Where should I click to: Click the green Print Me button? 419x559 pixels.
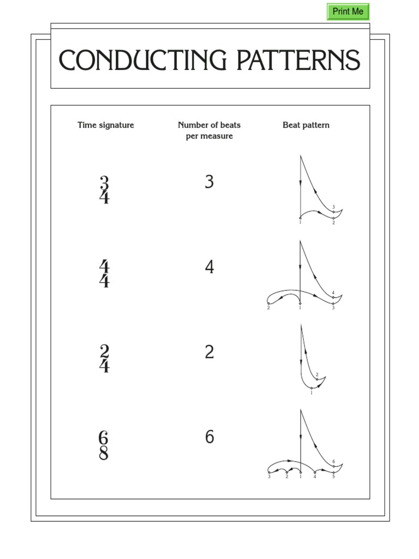coord(348,11)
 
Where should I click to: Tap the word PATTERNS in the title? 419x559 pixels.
coord(298,60)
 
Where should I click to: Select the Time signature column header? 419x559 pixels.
coord(106,125)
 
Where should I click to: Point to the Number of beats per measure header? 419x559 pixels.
coord(209,130)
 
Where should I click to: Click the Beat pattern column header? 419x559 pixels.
coord(306,125)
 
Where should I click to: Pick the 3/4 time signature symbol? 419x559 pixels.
coord(104,190)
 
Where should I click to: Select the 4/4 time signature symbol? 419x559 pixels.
coord(104,274)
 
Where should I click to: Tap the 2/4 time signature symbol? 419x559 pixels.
coord(104,359)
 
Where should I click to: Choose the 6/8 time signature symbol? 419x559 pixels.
coord(104,445)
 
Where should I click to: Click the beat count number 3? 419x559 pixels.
coord(209,182)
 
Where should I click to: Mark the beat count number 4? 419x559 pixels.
coord(209,267)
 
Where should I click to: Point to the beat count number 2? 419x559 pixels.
coord(209,353)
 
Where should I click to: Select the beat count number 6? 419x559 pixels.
coord(209,437)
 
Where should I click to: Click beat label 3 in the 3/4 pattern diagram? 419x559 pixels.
coord(333,207)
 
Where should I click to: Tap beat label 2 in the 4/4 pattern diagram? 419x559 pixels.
coord(268,308)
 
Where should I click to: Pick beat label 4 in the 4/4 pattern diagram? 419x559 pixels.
coord(333,293)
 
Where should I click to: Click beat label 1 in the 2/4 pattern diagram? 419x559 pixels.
coord(312,393)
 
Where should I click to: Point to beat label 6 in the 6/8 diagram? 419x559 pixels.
coord(333,462)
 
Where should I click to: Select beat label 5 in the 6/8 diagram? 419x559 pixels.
coord(333,477)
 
